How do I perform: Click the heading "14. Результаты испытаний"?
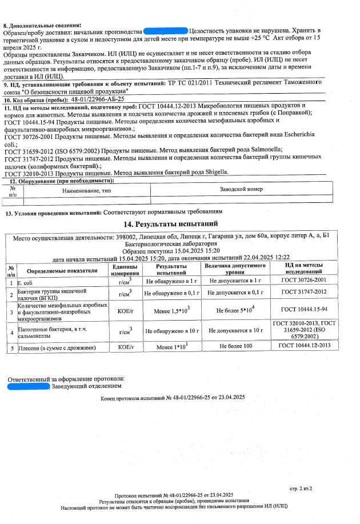(x=178, y=223)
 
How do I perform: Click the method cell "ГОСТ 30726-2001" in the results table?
(x=304, y=281)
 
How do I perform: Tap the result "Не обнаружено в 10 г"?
(x=172, y=330)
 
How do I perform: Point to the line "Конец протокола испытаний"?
(x=172, y=397)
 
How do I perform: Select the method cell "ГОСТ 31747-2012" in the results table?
(x=304, y=292)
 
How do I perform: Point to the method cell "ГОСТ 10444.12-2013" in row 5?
(x=305, y=346)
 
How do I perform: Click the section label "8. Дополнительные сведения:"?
(x=43, y=25)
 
